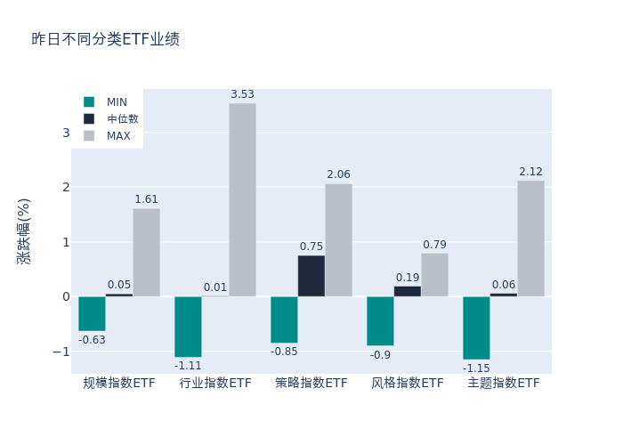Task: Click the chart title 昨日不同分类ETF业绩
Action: pos(105,39)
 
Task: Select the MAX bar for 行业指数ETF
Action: pos(242,199)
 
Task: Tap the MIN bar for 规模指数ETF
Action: pos(92,313)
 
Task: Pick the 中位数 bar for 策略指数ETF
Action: pos(311,276)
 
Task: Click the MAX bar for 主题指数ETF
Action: pos(530,239)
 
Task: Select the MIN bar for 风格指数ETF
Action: pos(380,320)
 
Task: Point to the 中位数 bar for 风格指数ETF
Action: pos(408,291)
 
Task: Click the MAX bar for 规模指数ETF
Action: pos(146,252)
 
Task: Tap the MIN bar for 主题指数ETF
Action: pos(476,328)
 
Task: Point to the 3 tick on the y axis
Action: pos(66,133)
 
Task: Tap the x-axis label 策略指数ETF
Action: pos(311,384)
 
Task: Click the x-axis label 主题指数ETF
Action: pos(504,384)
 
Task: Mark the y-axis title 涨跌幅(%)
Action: pos(24,231)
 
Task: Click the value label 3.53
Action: pos(242,94)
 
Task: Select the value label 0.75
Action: pos(311,247)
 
